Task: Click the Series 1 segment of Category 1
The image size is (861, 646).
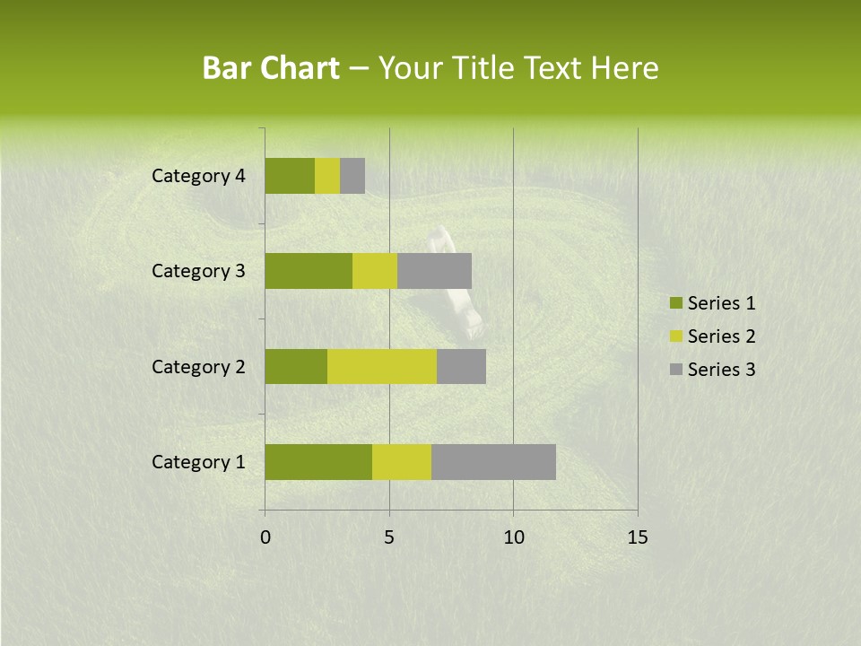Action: [x=318, y=461]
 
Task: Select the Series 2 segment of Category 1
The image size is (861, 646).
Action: [x=402, y=461]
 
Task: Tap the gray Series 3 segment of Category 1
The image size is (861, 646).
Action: [x=493, y=461]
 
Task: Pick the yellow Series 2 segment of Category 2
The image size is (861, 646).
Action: [x=382, y=366]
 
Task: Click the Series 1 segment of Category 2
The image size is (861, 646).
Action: [x=296, y=366]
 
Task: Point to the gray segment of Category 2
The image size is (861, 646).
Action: [x=461, y=366]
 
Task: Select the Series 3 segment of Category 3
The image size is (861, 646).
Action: [x=434, y=271]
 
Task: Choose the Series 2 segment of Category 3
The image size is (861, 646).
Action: [x=375, y=271]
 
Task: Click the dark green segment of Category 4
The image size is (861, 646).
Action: [x=290, y=176]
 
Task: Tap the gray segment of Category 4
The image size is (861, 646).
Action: [x=352, y=176]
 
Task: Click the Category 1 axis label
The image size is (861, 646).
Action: [x=198, y=462]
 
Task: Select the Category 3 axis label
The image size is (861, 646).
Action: [x=198, y=271]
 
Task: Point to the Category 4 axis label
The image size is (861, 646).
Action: [x=198, y=176]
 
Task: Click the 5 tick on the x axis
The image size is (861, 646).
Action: [x=389, y=537]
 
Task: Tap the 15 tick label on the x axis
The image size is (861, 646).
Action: [x=637, y=537]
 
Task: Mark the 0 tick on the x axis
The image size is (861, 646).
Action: [x=265, y=537]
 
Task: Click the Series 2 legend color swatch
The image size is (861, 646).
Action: [x=674, y=336]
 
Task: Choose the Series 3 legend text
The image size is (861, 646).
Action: [x=721, y=370]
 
